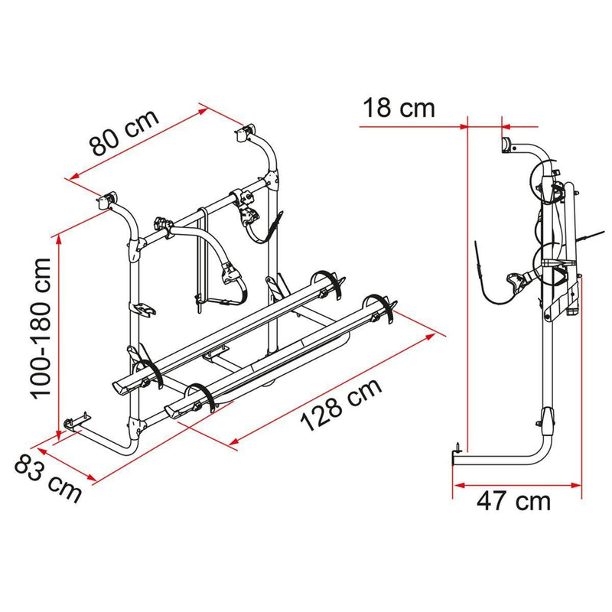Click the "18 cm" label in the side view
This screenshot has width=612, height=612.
pyautogui.click(x=397, y=108)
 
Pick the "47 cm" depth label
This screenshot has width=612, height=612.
pyautogui.click(x=515, y=502)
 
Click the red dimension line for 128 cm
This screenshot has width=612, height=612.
pyautogui.click(x=337, y=386)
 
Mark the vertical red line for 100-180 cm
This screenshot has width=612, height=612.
pyautogui.click(x=59, y=329)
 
